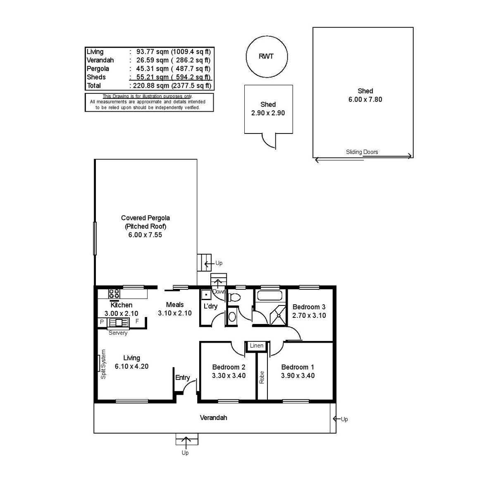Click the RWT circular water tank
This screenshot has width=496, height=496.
267,57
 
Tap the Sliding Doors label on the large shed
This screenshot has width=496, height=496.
362,152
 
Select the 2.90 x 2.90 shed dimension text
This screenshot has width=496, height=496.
268,113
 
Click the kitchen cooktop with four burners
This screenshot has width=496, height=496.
114,294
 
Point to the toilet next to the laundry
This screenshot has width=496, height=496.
234,298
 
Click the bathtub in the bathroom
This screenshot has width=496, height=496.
270,295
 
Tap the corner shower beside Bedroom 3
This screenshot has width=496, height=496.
277,315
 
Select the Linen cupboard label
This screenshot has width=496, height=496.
256,346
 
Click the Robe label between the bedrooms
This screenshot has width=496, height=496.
262,377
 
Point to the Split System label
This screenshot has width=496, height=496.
103,364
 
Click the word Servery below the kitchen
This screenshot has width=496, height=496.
118,333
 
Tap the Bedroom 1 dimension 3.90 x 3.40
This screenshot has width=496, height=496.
298,376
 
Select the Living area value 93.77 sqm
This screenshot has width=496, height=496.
153,52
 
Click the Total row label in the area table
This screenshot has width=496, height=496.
94,86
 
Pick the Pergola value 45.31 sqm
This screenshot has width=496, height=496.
153,69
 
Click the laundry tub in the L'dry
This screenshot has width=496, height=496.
206,295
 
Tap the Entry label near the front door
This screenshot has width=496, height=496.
183,378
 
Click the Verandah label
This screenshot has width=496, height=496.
213,417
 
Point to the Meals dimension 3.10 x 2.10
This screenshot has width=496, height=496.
175,313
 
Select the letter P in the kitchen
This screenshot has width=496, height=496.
102,322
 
